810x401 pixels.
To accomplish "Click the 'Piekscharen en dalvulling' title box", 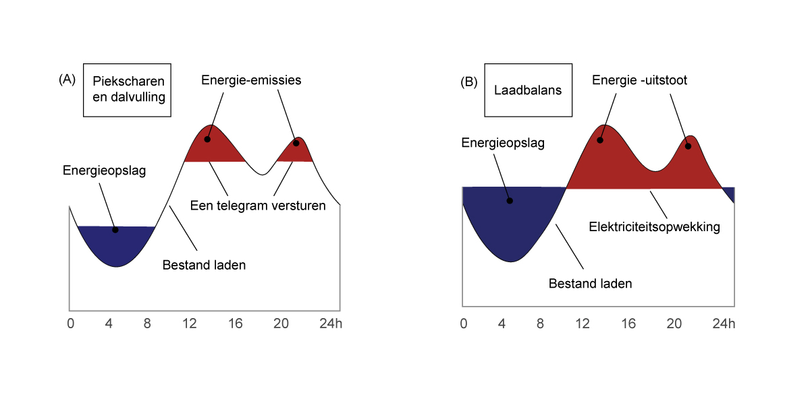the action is point(127,90).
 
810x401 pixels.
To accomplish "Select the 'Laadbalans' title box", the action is point(528,90).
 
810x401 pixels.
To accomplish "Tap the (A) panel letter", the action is point(67,80).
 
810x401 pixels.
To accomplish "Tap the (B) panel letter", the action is point(468,82).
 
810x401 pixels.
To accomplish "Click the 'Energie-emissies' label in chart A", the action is point(251,80).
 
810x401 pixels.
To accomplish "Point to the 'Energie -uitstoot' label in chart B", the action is point(639,80).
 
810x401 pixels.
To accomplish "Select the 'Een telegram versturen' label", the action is point(258,206).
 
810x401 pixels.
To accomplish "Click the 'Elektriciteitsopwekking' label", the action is point(655,227).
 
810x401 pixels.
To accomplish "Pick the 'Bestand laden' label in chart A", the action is point(204,266).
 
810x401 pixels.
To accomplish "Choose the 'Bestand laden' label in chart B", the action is point(590,284).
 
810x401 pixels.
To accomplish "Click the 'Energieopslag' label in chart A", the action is point(104,171).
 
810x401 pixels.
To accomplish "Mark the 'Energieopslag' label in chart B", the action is point(503,144).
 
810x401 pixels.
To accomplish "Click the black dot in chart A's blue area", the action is point(115,230).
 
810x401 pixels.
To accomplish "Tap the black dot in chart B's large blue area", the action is point(510,201).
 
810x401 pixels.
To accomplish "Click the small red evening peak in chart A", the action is point(296,152).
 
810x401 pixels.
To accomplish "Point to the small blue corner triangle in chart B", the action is point(730,193).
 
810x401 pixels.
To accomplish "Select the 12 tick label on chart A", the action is point(190,323).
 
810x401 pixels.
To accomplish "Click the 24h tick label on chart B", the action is point(724,323).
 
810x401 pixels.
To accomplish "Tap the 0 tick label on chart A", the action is point(70,323).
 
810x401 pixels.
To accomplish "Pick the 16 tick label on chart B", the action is point(628,323).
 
